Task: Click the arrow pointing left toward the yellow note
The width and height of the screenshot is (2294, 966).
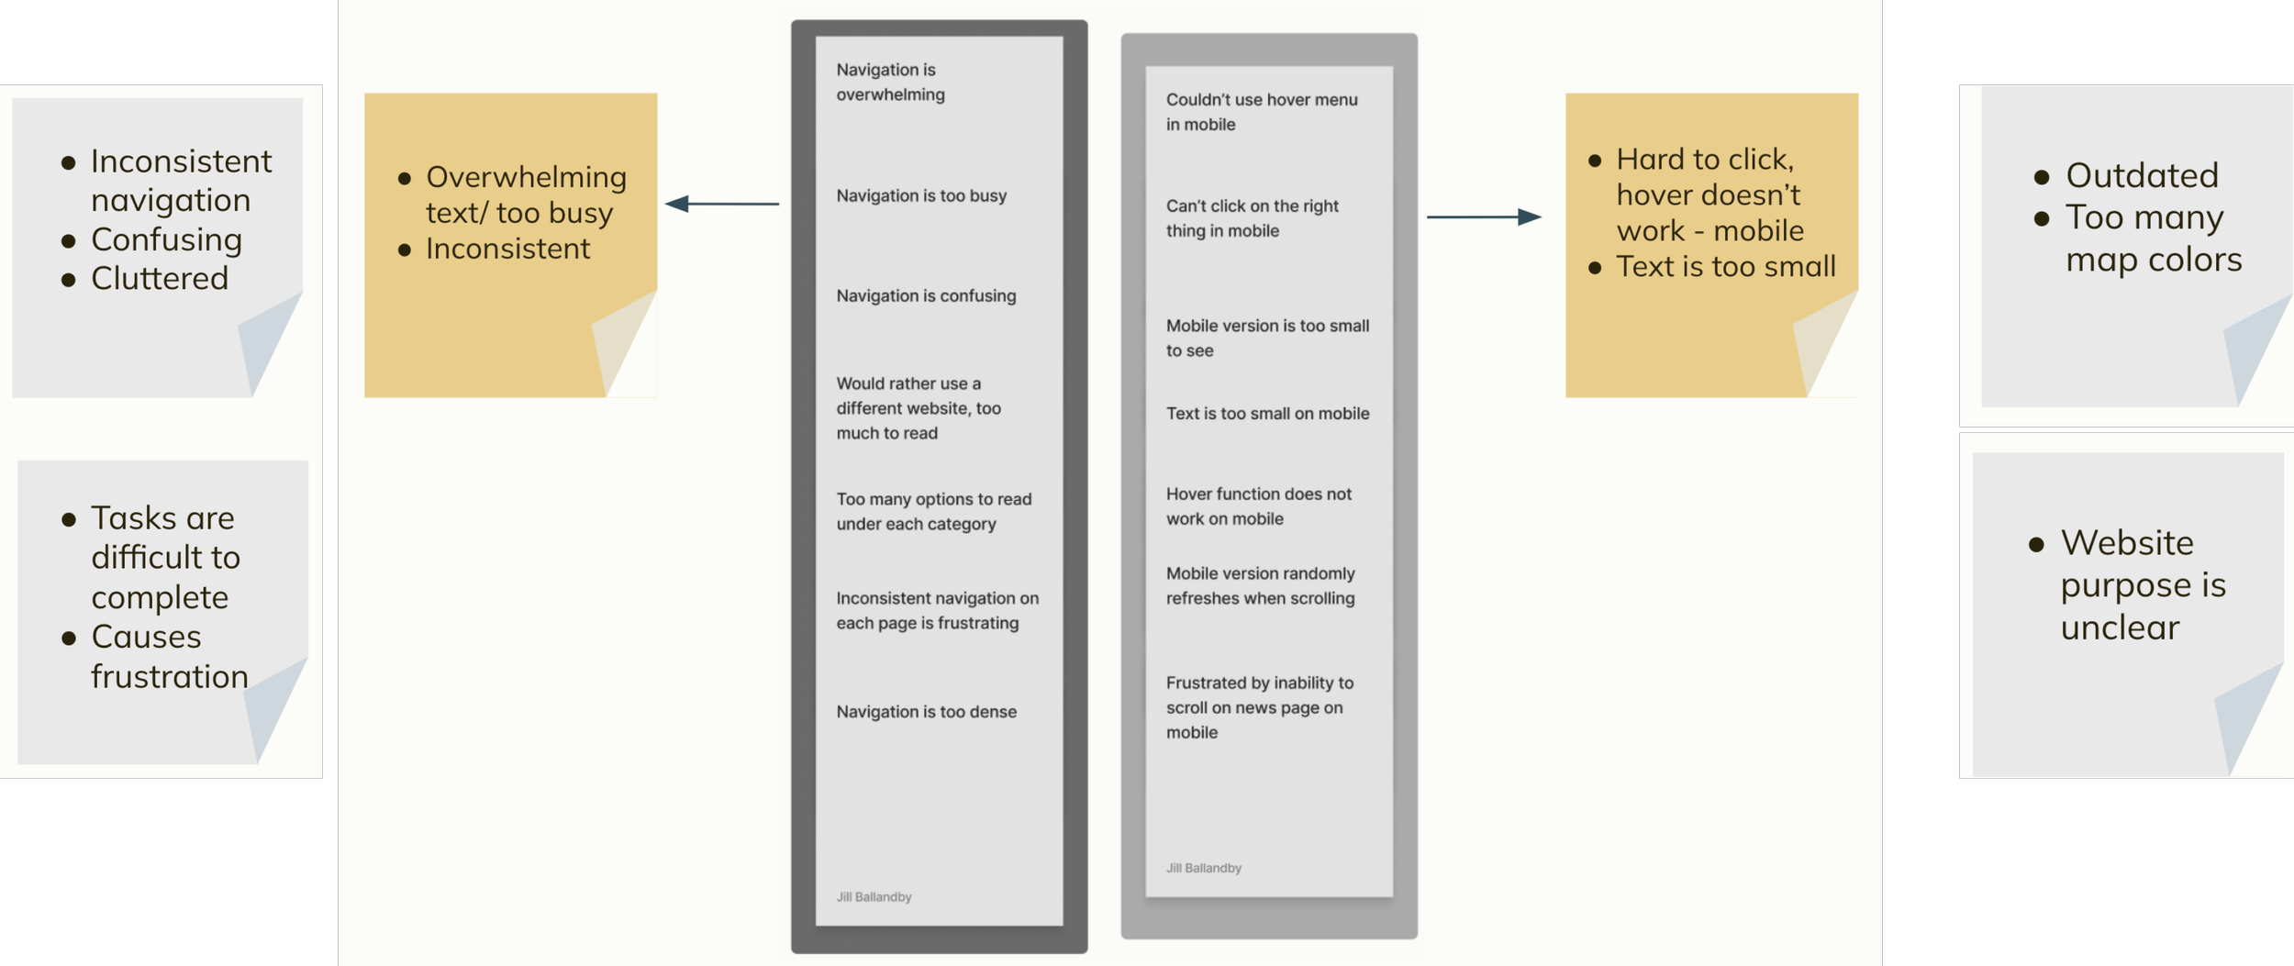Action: [x=721, y=204]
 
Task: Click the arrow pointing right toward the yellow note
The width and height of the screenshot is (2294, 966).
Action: [x=1483, y=217]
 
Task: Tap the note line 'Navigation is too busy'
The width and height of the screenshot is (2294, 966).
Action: [x=921, y=195]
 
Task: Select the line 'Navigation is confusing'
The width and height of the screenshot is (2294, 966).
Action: [x=926, y=295]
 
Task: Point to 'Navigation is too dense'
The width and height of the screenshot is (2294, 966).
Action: [x=926, y=712]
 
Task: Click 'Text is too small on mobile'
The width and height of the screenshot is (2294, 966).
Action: [x=1267, y=414]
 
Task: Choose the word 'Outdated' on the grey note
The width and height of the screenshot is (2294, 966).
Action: [x=2142, y=175]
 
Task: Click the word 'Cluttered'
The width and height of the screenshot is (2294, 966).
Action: [x=160, y=278]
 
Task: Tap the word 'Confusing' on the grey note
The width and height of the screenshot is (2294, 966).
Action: [x=166, y=239]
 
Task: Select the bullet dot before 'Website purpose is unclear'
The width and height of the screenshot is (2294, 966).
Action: [x=2036, y=545]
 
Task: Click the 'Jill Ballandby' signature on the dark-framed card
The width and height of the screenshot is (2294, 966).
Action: [x=874, y=897]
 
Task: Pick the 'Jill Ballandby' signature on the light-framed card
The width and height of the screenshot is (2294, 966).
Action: [x=1203, y=868]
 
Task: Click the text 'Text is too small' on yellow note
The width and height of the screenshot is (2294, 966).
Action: [x=1725, y=267]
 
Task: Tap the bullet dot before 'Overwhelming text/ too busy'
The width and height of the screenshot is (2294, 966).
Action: [x=405, y=179]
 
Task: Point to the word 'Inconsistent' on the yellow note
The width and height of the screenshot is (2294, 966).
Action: [x=507, y=249]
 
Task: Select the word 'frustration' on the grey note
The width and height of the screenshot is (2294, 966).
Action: [x=170, y=677]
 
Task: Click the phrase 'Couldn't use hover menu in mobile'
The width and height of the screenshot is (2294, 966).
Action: [x=1261, y=112]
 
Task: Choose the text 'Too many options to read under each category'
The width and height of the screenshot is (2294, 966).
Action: [x=933, y=512]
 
